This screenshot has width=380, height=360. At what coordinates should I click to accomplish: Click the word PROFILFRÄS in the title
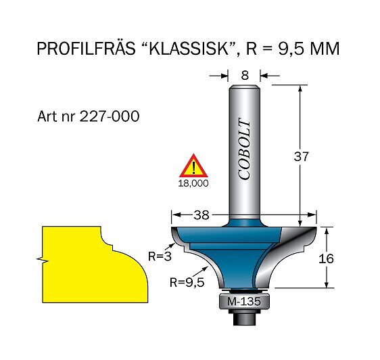[x=86, y=48]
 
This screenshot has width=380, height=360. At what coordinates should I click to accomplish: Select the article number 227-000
[x=110, y=116]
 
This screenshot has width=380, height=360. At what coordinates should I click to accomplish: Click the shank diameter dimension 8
[x=245, y=75]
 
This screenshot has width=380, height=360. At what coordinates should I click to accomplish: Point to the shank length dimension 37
[x=302, y=156]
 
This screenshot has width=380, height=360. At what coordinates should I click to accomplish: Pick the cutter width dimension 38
[x=201, y=215]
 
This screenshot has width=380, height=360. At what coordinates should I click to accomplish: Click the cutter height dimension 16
[x=326, y=258]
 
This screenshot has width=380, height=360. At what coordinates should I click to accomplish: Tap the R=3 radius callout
[x=160, y=256]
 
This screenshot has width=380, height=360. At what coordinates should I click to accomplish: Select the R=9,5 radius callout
[x=187, y=282]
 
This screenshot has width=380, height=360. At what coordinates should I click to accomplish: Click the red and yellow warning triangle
[x=193, y=166]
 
